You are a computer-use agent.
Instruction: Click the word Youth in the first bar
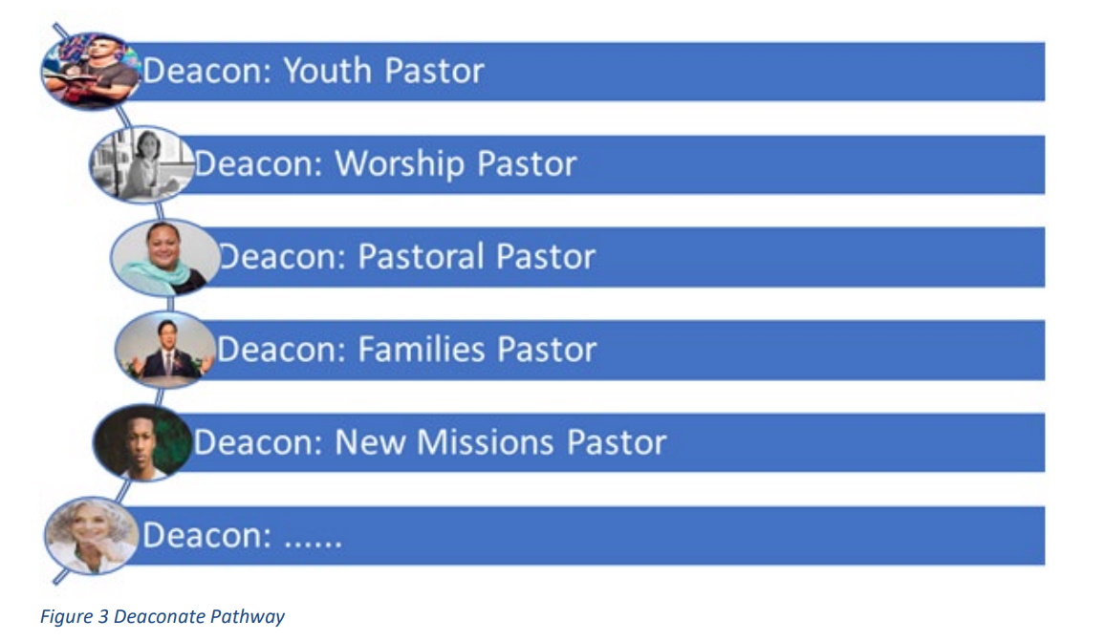[327, 71]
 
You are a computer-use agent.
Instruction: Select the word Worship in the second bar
[399, 164]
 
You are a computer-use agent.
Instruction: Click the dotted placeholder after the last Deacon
[313, 543]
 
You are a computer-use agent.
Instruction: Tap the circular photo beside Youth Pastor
[90, 72]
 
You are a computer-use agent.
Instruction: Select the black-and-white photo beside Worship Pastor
[141, 164]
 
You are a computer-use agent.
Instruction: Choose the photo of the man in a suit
[165, 350]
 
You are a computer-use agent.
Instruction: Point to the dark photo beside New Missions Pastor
[143, 443]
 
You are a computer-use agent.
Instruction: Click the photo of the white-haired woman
[91, 535]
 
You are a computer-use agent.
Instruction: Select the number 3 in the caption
[103, 616]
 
